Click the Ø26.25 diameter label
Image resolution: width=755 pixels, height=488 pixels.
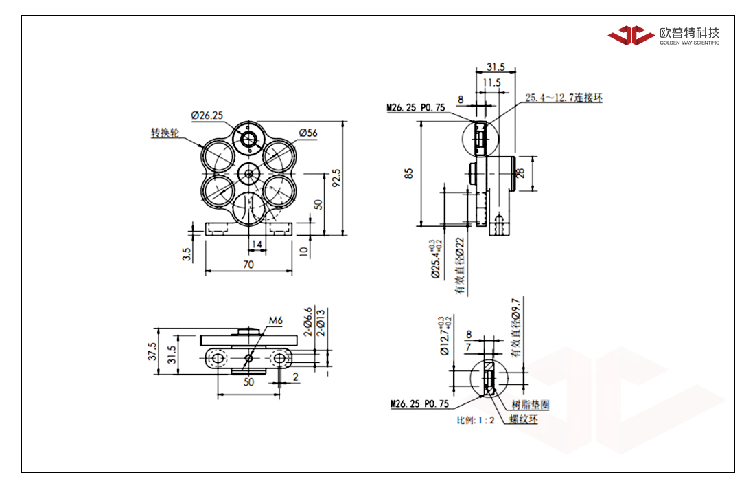[207, 115]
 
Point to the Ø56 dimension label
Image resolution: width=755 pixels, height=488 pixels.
[308, 133]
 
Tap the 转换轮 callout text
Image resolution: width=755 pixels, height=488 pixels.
[165, 133]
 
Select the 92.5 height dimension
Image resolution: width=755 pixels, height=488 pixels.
[336, 178]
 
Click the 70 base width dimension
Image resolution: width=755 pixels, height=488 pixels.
[248, 264]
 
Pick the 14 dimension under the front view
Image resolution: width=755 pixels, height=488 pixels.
[257, 245]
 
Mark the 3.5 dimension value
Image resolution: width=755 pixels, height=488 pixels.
[187, 254]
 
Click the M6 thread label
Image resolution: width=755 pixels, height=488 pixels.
[275, 320]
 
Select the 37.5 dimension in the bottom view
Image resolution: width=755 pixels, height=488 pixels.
[152, 351]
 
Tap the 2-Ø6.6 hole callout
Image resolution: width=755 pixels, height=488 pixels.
[308, 322]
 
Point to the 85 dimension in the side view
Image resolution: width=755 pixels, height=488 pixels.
[409, 174]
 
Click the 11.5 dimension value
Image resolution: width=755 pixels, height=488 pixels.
[491, 82]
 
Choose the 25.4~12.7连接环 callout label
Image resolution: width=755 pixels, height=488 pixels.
[564, 98]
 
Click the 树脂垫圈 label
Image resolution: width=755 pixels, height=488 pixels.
[531, 404]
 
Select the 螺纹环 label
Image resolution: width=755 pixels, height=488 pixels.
[524, 419]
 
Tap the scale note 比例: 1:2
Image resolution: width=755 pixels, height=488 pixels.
[476, 421]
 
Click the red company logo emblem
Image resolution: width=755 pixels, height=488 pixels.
[631, 34]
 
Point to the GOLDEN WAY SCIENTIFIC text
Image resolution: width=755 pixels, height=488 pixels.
[690, 43]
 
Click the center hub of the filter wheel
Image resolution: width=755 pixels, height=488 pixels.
[248, 173]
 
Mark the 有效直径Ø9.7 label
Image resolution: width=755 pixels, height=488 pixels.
[515, 327]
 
